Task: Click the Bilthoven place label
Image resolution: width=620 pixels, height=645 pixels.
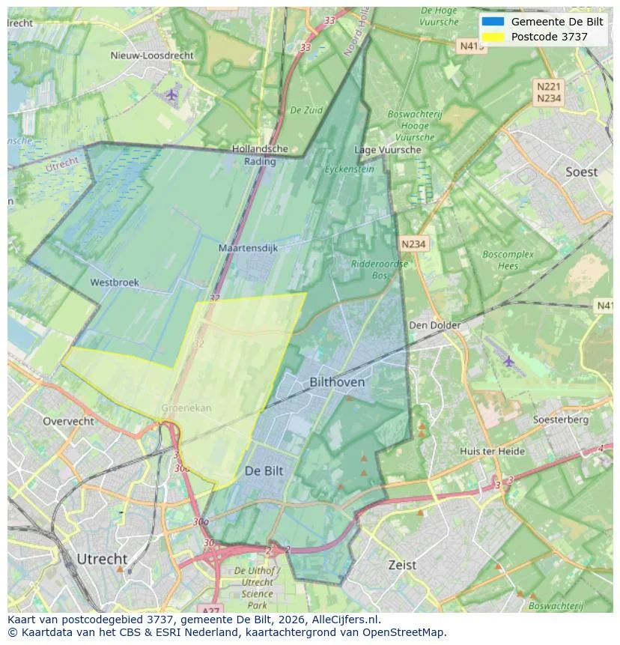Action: click(337, 382)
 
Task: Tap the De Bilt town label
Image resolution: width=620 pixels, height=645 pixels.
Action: click(264, 471)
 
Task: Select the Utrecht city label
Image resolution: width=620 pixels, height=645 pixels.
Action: click(102, 559)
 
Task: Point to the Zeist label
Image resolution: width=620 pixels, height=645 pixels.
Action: click(402, 565)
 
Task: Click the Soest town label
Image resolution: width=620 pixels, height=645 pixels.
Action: click(581, 172)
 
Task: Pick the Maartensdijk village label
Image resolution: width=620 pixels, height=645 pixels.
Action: click(248, 247)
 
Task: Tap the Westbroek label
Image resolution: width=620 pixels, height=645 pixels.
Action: click(115, 282)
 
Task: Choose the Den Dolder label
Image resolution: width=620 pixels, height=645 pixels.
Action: click(434, 325)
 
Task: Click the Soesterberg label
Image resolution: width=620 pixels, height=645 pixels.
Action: click(560, 420)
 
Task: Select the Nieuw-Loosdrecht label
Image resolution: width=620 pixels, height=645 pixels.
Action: click(152, 55)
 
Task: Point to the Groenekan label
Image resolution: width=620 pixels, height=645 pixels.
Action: click(186, 408)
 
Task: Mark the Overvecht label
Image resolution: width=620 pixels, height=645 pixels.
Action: click(68, 421)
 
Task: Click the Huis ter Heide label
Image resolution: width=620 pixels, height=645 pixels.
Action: click(492, 451)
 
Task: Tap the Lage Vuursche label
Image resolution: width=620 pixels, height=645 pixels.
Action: click(387, 150)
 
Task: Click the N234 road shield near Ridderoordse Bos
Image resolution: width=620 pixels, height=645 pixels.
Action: click(413, 244)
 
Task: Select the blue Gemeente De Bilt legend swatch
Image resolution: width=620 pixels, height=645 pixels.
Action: click(493, 22)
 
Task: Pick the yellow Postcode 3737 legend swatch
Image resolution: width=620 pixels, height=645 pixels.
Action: click(493, 37)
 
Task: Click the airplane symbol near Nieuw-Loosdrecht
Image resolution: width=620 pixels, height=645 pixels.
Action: click(172, 94)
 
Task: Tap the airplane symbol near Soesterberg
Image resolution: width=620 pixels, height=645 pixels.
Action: click(509, 362)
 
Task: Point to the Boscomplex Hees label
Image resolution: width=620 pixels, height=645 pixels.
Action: click(508, 260)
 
